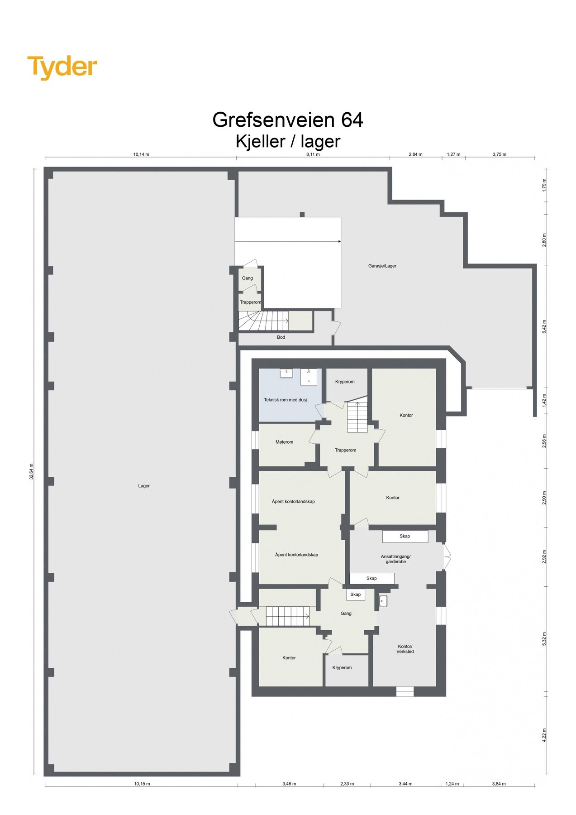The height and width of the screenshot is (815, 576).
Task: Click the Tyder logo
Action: [x=62, y=67]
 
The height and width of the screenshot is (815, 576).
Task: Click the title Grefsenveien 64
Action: [x=288, y=120]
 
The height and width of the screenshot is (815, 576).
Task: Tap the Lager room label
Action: [x=144, y=486]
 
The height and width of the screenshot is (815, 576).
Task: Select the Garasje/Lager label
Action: [x=382, y=266]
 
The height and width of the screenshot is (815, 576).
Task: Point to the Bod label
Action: [x=281, y=337]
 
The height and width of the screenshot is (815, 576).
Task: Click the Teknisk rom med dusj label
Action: [x=285, y=400]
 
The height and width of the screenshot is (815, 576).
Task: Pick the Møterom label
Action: [x=284, y=442]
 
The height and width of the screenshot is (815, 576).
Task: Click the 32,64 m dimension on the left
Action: [x=31, y=471]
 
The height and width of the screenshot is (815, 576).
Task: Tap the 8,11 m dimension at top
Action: [x=313, y=154]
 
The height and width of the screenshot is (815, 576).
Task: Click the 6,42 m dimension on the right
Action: [x=544, y=326]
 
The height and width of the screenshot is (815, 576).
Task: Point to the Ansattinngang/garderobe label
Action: [x=395, y=559]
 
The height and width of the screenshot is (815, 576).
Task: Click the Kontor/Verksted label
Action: [x=405, y=649]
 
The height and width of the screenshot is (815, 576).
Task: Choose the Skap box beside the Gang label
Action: [x=356, y=594]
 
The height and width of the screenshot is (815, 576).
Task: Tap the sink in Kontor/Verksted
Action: [x=383, y=600]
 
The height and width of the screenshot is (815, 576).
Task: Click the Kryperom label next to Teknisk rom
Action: [x=345, y=382]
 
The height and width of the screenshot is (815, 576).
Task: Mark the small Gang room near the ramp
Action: [x=247, y=278]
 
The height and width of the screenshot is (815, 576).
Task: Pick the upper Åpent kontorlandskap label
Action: [x=293, y=501]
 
